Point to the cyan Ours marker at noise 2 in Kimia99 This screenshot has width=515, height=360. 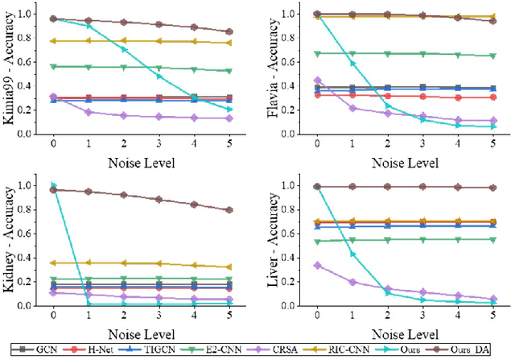(123, 49)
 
